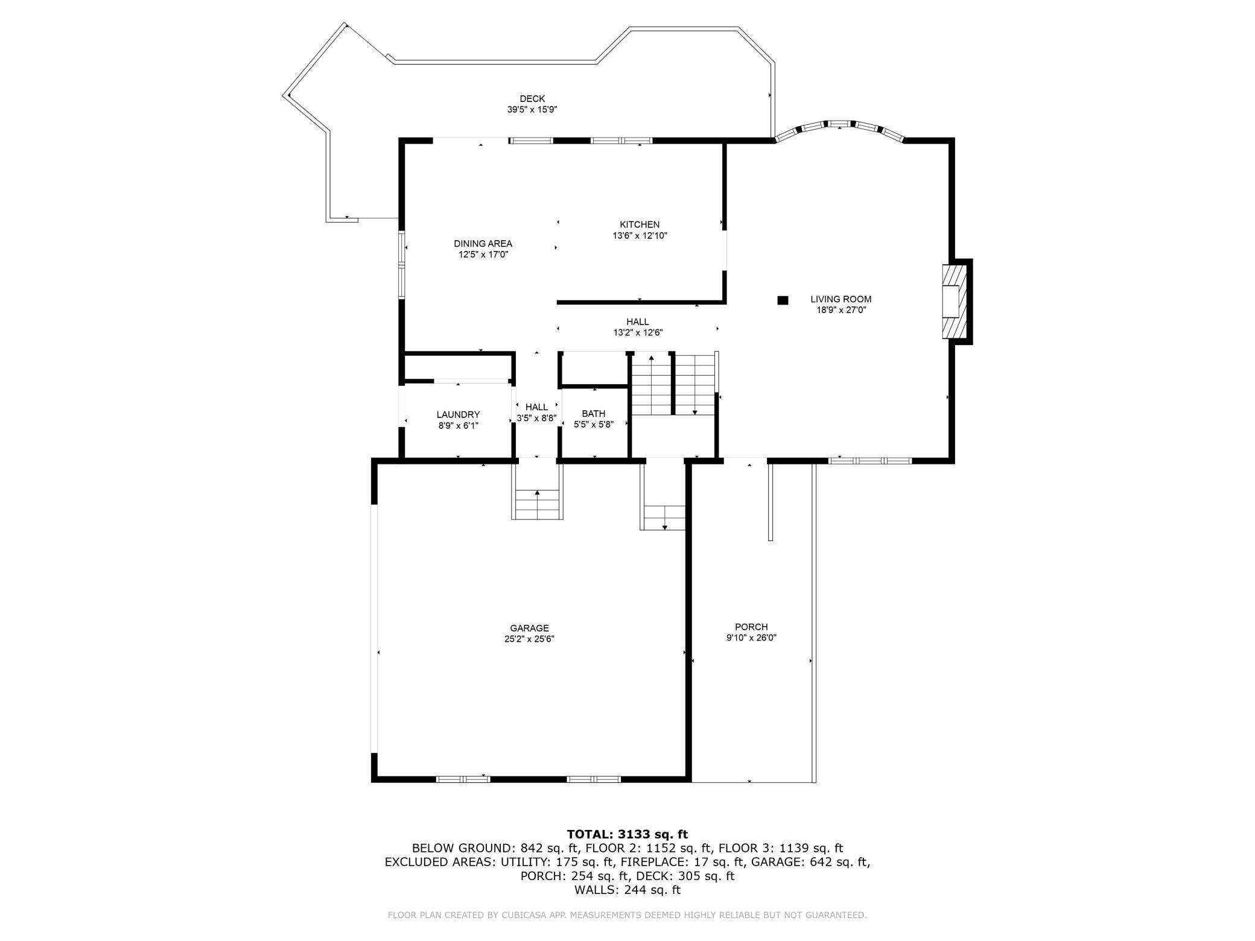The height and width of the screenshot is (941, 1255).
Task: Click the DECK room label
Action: click(x=532, y=99)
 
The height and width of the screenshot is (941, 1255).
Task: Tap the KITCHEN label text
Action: click(x=640, y=224)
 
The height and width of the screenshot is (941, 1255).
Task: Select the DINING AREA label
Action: click(x=483, y=244)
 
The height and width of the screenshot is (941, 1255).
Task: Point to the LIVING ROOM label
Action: click(x=840, y=299)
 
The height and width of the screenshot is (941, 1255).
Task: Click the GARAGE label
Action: click(x=529, y=628)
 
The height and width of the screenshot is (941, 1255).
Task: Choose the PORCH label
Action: click(x=751, y=627)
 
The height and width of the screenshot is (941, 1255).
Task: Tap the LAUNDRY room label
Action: click(x=458, y=414)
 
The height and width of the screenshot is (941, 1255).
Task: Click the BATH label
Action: click(x=593, y=413)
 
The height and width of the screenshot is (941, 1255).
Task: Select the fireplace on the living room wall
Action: click(x=956, y=302)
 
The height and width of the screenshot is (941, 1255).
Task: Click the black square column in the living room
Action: click(x=783, y=300)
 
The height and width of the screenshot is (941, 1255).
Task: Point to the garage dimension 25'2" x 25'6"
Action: click(x=529, y=639)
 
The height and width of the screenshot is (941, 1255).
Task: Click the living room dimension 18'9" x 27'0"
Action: click(x=840, y=310)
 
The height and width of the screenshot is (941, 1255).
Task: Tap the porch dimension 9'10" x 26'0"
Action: click(x=751, y=638)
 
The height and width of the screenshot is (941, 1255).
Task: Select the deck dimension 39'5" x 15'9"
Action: click(x=532, y=110)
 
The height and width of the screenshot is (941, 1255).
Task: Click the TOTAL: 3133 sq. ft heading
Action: click(x=627, y=835)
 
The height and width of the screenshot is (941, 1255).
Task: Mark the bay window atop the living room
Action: click(x=839, y=130)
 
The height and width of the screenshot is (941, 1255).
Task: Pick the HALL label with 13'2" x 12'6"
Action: click(x=638, y=327)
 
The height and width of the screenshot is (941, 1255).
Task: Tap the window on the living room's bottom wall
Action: click(x=870, y=461)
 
